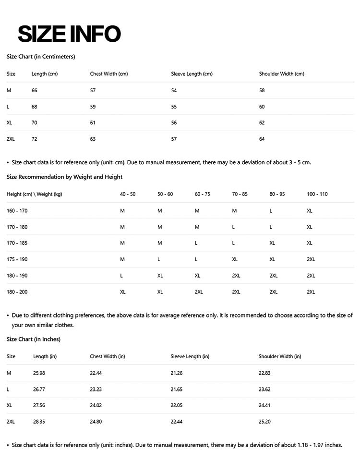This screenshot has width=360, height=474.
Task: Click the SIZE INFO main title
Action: (69, 34)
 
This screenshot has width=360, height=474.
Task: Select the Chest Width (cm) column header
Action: (109, 74)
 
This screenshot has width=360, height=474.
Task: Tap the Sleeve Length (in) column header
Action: (190, 357)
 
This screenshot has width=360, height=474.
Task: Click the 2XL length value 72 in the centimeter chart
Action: (34, 139)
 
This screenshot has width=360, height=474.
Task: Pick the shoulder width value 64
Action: (262, 139)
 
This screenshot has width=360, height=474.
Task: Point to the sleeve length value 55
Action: (174, 107)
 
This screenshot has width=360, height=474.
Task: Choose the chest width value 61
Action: (93, 123)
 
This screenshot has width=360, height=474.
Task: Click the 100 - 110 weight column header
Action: (317, 194)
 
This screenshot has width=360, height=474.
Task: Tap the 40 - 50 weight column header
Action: (128, 194)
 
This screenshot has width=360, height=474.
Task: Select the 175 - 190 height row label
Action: (17, 259)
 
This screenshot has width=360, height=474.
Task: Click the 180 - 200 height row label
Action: (17, 292)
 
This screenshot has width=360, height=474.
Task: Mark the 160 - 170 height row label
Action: (17, 211)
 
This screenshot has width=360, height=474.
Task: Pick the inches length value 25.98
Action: (39, 373)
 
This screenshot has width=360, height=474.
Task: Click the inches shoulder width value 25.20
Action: (264, 422)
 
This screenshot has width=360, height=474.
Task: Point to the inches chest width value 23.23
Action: (96, 389)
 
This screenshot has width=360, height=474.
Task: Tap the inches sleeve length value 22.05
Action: (176, 405)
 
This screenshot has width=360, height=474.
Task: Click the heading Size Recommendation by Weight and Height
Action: (64, 177)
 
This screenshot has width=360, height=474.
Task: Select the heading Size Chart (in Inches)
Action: (33, 340)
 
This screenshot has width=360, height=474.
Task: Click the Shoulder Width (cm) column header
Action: (281, 74)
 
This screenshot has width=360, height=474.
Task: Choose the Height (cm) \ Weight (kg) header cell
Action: (34, 194)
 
